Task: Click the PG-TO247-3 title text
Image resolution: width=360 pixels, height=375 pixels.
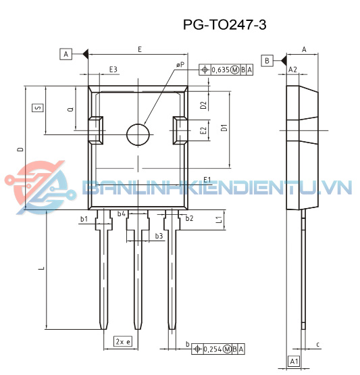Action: (x=225, y=25)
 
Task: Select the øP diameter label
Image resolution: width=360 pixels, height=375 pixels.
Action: (x=180, y=64)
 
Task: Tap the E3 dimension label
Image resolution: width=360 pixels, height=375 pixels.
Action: (x=113, y=70)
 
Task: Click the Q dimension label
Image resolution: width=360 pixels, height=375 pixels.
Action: (x=71, y=109)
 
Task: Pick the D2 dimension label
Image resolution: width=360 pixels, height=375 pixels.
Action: (x=203, y=105)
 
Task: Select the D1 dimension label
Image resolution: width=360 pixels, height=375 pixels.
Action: (x=224, y=126)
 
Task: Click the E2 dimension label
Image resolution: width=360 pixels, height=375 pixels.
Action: (x=203, y=130)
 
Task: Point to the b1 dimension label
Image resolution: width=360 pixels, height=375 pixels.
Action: (x=84, y=219)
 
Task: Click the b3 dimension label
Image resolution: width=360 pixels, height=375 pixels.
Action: (x=159, y=236)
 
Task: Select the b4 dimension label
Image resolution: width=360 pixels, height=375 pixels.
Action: (x=122, y=214)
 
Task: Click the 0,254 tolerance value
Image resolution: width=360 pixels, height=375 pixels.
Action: (x=213, y=349)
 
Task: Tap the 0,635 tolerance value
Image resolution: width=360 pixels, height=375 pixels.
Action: (x=222, y=70)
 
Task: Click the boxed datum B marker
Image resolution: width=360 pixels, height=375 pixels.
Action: (x=267, y=61)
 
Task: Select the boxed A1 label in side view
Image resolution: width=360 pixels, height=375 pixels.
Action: (x=294, y=362)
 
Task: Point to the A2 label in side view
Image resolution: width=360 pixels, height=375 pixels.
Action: (x=292, y=70)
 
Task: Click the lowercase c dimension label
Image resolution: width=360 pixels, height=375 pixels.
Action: (x=317, y=345)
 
